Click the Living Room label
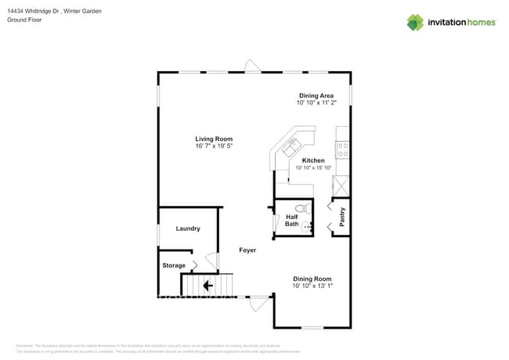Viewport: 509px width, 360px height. coord(214,139)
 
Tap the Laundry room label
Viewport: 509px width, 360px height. coord(188,229)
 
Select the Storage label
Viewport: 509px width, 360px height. coord(174,265)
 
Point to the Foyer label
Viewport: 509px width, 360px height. coord(247,250)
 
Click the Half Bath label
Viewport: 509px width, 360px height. coord(291,221)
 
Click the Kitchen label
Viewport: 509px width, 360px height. coord(313,160)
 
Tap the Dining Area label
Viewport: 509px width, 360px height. coord(316,95)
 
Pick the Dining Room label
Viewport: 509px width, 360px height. coord(312,279)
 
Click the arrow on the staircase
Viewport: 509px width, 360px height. coord(208,286)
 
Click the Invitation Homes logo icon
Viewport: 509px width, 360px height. coord(415,22)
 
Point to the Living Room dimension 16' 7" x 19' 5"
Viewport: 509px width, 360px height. coord(214,146)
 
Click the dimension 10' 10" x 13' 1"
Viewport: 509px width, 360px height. coord(312,286)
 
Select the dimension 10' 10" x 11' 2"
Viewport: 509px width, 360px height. coord(316,103)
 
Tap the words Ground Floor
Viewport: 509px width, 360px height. coord(23,20)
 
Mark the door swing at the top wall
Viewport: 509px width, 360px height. coord(251,67)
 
